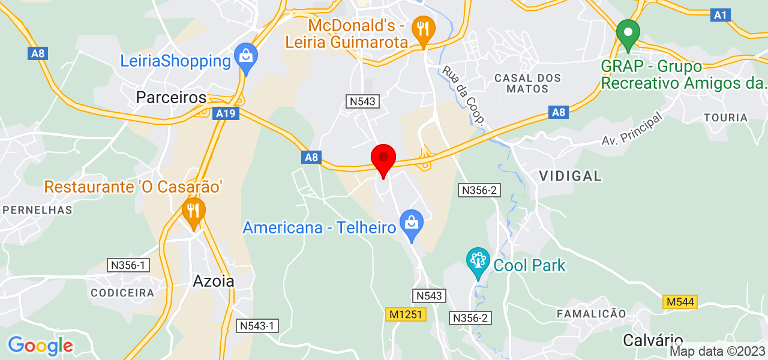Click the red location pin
(383, 158)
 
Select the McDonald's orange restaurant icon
(424, 28)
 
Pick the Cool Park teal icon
(478, 261)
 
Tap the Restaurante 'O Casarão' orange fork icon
(193, 211)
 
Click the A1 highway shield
(720, 15)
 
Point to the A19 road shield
(226, 113)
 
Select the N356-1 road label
(128, 265)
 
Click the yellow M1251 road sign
(406, 314)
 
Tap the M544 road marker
(680, 302)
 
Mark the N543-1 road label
(257, 326)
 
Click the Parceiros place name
(171, 97)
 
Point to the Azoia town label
(214, 281)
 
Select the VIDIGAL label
(570, 176)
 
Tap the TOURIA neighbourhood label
(726, 118)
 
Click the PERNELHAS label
(38, 210)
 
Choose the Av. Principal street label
(632, 129)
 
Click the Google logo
(40, 346)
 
